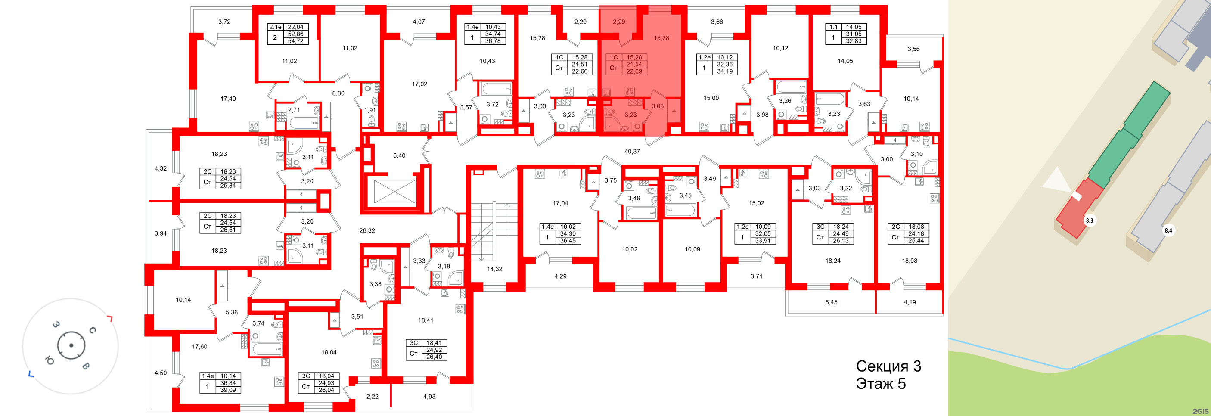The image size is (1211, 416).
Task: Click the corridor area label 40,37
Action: pos(632,151)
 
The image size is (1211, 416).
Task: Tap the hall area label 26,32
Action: pos(366,231)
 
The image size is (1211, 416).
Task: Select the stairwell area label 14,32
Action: pos(494,269)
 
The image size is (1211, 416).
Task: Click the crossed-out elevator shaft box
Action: pos(394,191)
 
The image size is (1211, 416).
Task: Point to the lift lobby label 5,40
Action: pos(399,155)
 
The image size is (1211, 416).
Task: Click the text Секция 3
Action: pos(888,366)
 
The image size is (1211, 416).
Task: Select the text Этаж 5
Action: pos(881,384)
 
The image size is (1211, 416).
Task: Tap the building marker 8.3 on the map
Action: pos(1089,220)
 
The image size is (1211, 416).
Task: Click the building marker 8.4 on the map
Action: pos(1168,230)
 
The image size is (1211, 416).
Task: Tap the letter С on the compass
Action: pos(93,330)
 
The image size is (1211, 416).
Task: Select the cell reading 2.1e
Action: pos(275,27)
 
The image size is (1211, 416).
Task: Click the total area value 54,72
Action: pos(295,41)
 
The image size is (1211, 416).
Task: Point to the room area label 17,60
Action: pos(199,346)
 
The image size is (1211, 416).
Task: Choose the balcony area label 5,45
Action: pos(831,302)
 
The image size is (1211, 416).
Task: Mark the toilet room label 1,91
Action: pos(370,110)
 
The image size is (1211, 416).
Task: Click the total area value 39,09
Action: pos(228,390)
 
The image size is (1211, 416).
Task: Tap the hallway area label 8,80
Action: pos(338,93)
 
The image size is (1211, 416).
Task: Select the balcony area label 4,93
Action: pos(429,396)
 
